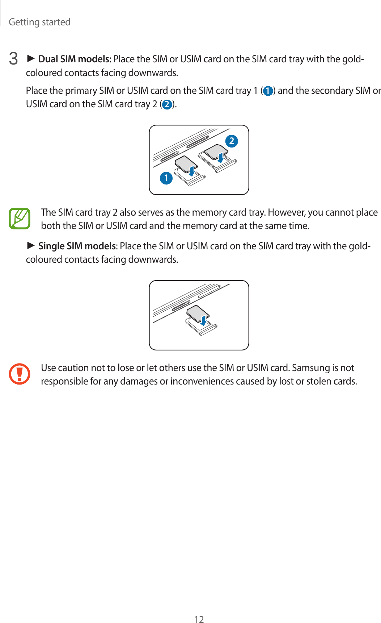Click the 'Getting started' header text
click(x=39, y=22)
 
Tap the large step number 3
click(x=13, y=59)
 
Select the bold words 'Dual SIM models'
click(x=74, y=59)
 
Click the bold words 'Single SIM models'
click(x=77, y=246)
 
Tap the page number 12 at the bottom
click(x=199, y=619)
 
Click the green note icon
click(x=20, y=219)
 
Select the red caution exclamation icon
click(x=20, y=374)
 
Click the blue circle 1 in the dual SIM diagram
click(x=166, y=178)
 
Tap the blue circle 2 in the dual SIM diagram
click(x=232, y=141)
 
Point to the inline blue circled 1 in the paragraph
click(x=268, y=91)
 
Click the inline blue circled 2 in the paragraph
click(x=167, y=105)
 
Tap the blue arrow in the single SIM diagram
click(x=204, y=320)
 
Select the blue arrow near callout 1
click(x=192, y=171)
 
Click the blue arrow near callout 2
click(x=221, y=157)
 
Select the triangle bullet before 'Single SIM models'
click(x=31, y=246)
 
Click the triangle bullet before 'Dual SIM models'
click(x=31, y=58)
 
